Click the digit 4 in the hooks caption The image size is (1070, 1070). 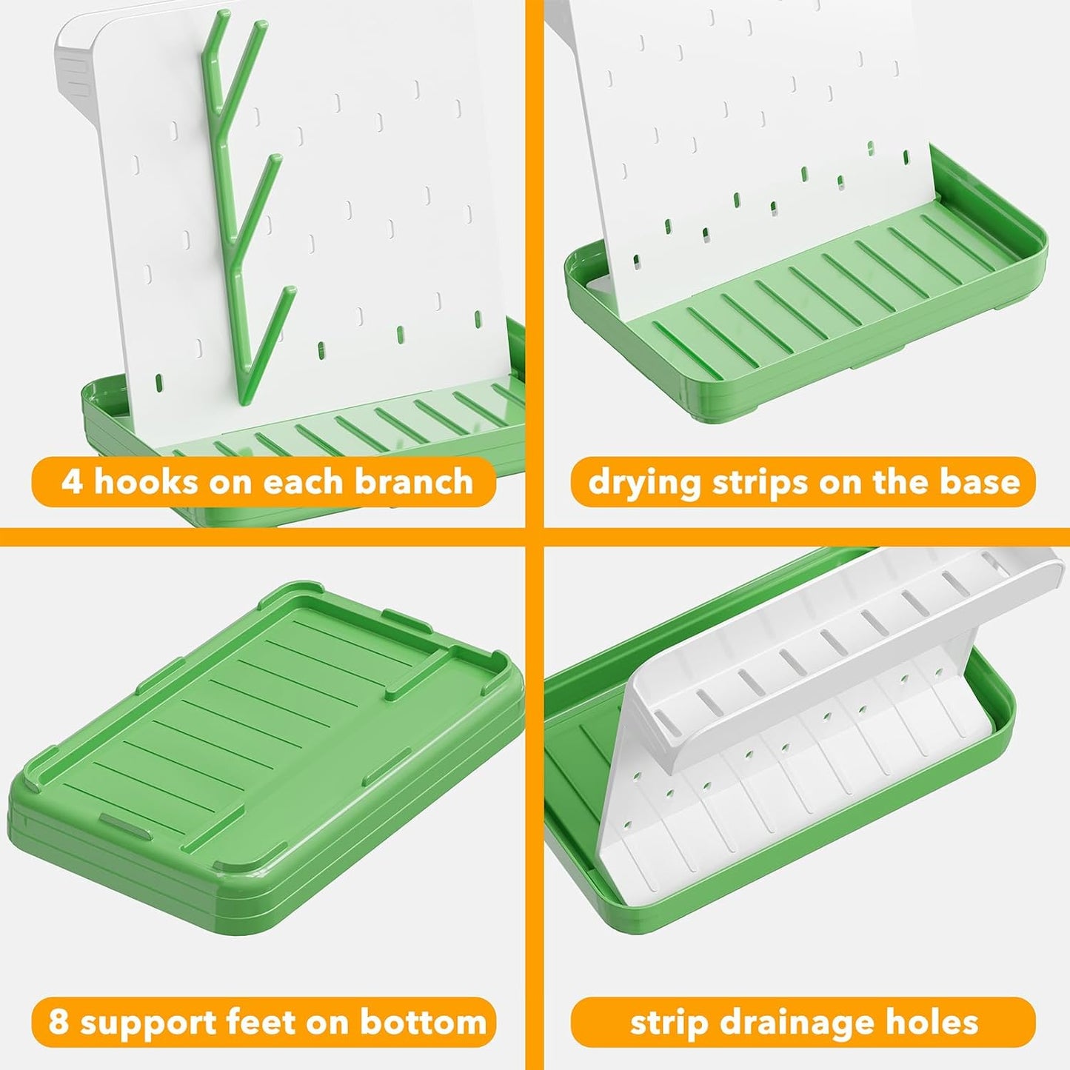coord(72,481)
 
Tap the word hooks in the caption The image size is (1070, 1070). coord(145,481)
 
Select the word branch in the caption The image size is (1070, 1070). coord(413,481)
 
